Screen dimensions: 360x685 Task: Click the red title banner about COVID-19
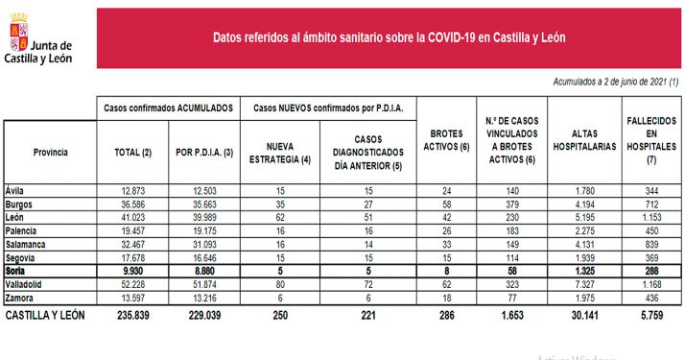coord(389,38)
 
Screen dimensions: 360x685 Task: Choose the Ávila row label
coord(15,190)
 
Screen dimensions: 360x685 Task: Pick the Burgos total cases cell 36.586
coord(132,204)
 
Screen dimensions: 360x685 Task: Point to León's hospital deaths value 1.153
coord(650,217)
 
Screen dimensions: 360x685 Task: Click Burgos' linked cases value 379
coord(513,204)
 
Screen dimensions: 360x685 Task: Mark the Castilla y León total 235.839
coord(128,314)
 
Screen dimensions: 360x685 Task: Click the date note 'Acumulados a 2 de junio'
coord(614,84)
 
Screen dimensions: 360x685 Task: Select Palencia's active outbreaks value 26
coord(444,231)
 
